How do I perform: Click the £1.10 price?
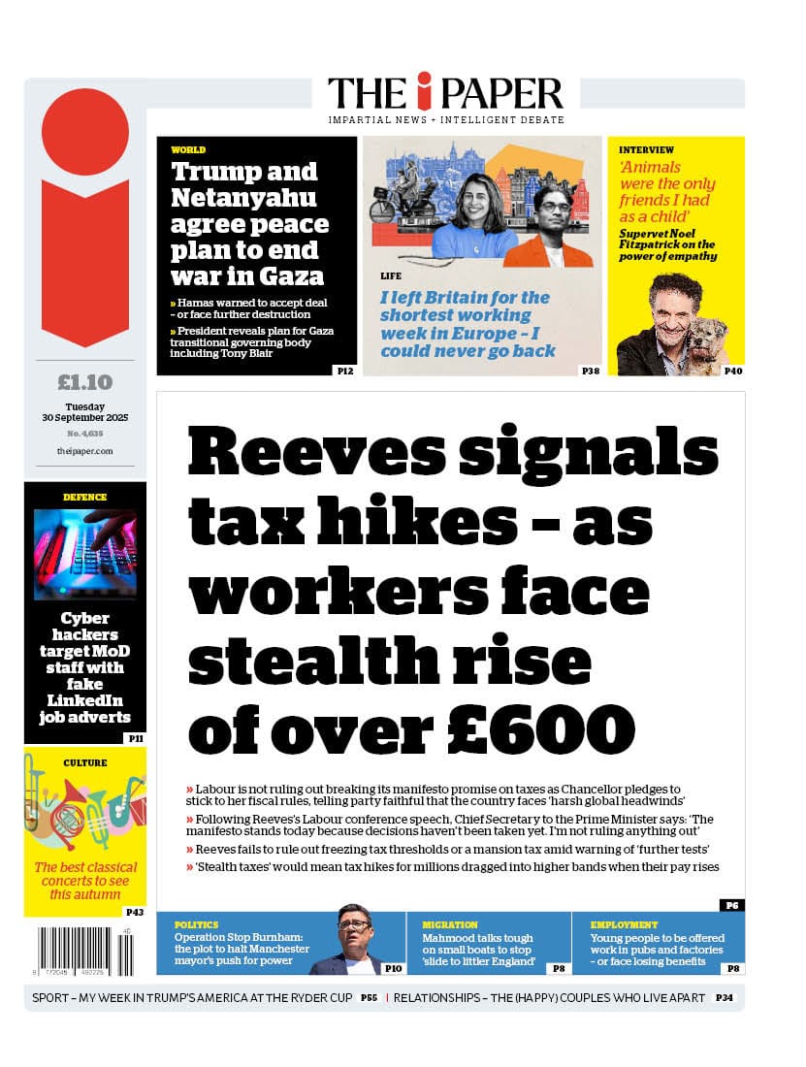tap(84, 381)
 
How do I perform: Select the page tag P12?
tap(344, 371)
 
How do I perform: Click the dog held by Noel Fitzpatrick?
tap(708, 340)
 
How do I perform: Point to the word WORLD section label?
tap(188, 150)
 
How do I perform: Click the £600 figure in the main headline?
tap(551, 727)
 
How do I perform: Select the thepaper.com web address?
tap(84, 451)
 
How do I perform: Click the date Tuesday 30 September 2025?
tap(84, 412)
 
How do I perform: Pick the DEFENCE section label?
tap(84, 498)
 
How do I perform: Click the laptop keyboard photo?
tap(84, 554)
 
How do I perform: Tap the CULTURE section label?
tap(84, 763)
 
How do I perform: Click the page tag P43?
tap(134, 912)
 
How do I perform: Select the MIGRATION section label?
tap(450, 925)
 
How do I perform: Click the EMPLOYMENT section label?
tap(624, 925)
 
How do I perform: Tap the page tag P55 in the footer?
tap(369, 997)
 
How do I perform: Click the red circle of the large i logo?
tap(84, 132)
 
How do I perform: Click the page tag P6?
tap(731, 905)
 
